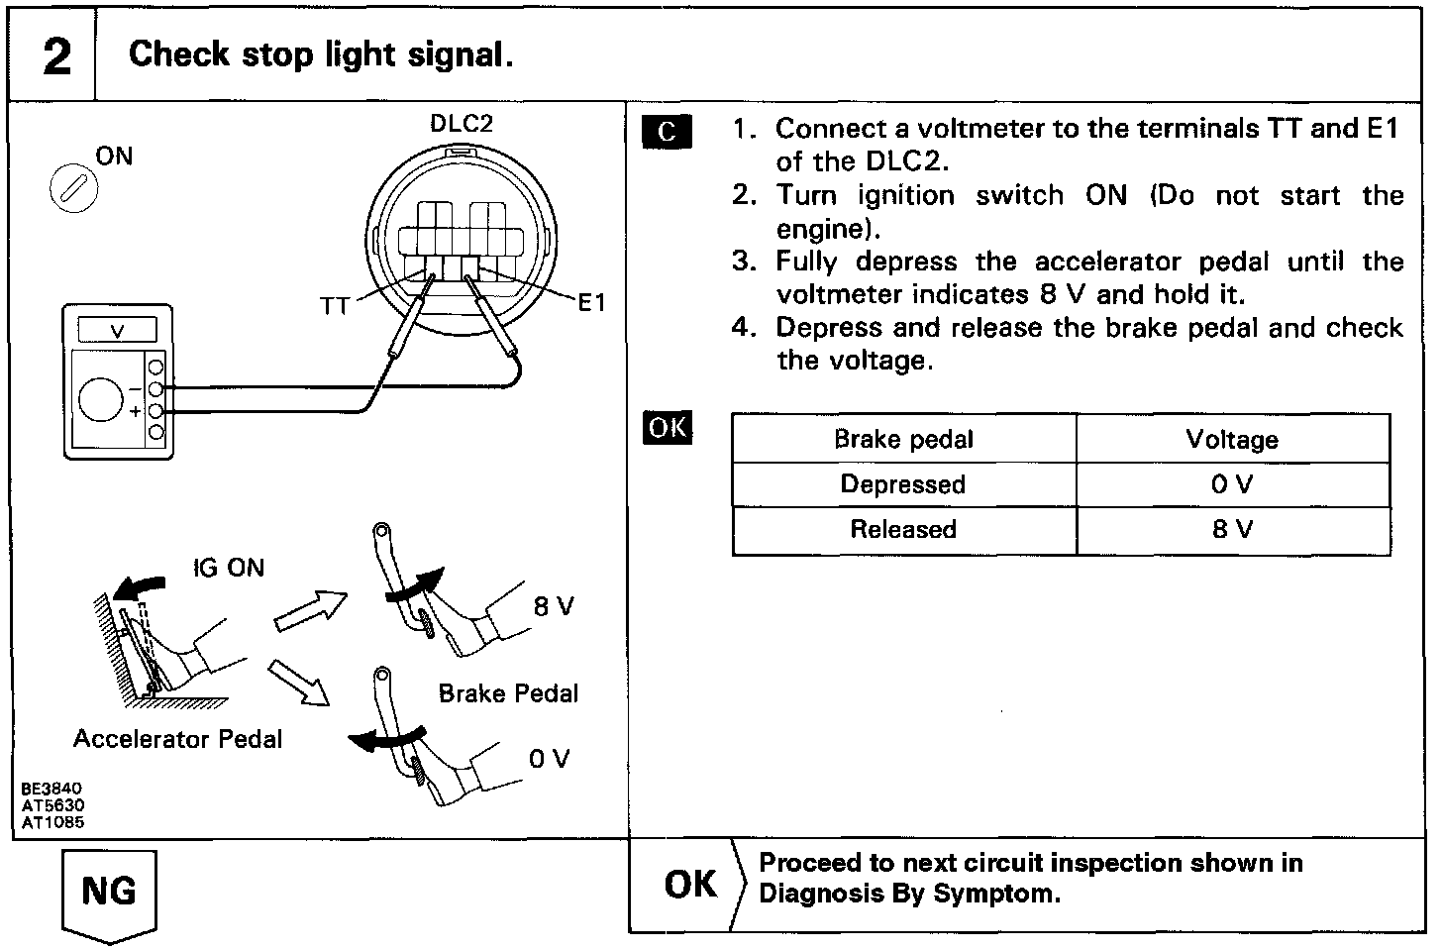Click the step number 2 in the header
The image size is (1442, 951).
57,56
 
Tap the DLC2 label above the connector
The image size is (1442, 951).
461,124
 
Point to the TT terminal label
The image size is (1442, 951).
335,306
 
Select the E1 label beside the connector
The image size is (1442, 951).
591,303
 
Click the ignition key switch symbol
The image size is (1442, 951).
73,189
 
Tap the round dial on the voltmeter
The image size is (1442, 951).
101,400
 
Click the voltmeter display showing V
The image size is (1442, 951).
117,331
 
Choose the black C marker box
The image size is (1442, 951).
667,132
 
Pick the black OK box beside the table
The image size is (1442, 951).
668,427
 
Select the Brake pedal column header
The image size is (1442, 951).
903,439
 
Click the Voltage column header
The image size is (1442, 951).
1232,439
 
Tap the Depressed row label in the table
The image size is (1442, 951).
903,484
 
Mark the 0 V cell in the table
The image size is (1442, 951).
1232,484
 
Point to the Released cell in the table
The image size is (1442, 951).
903,529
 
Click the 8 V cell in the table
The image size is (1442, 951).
1232,529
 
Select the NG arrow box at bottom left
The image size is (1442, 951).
109,891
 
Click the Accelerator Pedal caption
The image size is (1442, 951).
178,739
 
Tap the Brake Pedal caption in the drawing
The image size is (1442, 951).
508,693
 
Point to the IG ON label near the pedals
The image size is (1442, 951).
229,568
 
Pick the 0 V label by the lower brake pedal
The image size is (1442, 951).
550,759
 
